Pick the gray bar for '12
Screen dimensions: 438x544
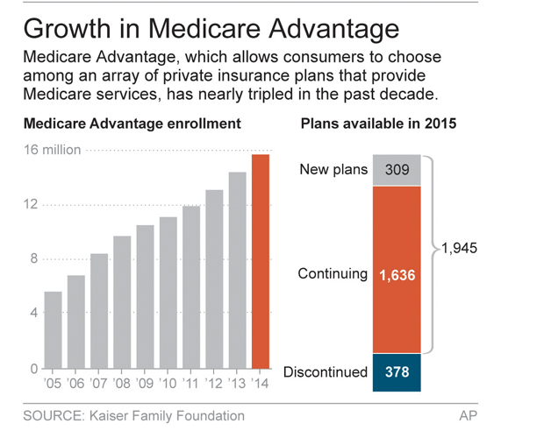click(214, 279)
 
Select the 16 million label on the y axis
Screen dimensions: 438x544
click(52, 150)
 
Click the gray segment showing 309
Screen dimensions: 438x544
click(397, 170)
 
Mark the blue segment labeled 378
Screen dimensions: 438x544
click(397, 371)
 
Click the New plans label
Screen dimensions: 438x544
click(333, 170)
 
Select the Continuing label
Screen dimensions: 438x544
click(333, 274)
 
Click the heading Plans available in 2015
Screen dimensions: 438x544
click(378, 124)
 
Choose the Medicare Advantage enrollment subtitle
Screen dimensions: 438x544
click(132, 124)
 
